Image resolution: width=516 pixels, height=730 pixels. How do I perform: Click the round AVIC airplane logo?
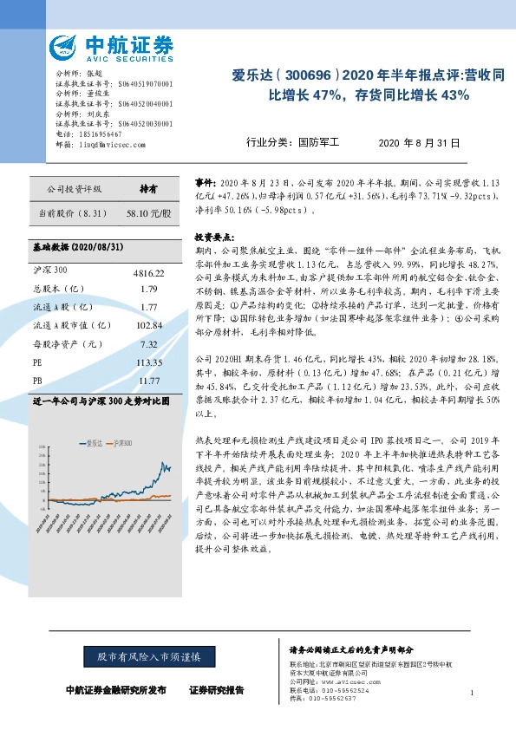(67, 48)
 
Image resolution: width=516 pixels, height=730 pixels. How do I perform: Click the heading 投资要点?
(212, 236)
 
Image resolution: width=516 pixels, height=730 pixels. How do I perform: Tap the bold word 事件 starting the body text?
(203, 184)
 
